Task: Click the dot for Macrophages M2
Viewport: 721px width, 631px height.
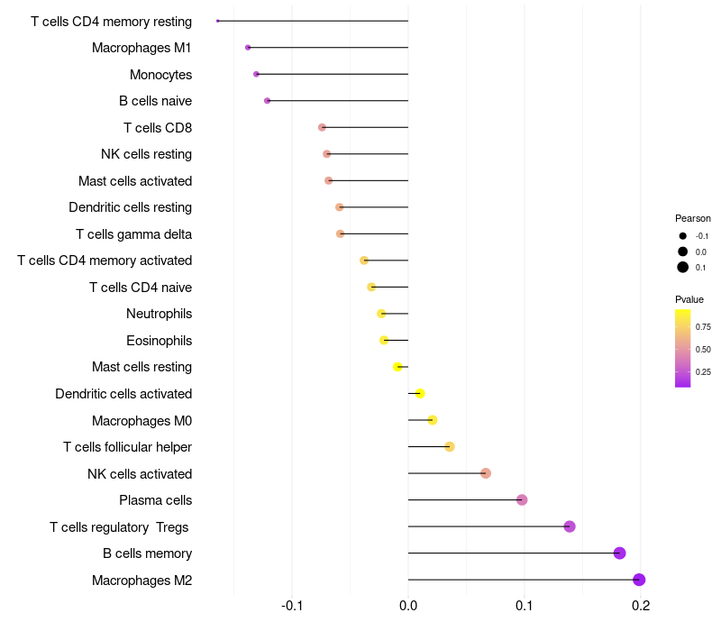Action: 639,580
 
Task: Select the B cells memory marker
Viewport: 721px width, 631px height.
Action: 619,553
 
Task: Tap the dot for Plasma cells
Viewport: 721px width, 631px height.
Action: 522,499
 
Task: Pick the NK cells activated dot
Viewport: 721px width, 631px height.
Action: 486,472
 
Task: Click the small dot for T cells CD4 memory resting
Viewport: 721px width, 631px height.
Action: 217,21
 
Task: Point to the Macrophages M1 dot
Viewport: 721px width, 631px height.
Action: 248,48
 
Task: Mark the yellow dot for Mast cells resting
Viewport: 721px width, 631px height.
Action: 397,367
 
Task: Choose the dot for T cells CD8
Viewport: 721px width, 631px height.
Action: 322,127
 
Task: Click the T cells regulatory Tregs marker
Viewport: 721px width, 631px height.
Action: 570,526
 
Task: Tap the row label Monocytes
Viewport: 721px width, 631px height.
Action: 160,75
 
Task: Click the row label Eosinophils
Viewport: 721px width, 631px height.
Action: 160,341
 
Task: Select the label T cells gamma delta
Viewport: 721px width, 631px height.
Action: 133,234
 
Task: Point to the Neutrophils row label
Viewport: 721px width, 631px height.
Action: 160,314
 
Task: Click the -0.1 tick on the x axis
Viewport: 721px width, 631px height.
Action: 291,606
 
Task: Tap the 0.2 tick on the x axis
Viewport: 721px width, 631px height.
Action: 641,606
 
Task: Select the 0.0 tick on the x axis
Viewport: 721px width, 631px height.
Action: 408,606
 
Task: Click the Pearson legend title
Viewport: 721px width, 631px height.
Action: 692,218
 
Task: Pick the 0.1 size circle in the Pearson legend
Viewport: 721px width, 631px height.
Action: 682,267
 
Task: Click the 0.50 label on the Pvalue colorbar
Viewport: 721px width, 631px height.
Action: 703,350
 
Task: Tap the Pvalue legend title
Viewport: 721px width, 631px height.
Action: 689,299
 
